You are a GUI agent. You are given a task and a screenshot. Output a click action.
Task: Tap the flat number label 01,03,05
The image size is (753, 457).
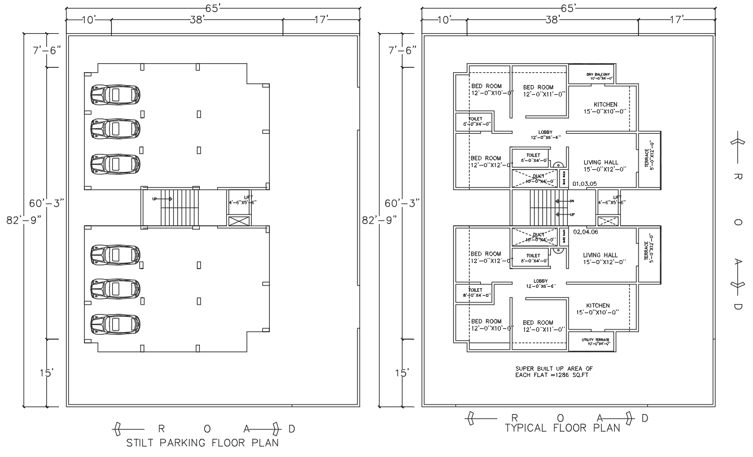pos(584,183)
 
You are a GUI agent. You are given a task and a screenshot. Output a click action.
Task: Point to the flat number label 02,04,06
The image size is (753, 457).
pos(585,231)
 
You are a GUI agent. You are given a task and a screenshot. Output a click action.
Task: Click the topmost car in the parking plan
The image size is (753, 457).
pos(115,95)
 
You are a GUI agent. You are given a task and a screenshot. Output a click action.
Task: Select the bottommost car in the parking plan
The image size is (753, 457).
pos(115,324)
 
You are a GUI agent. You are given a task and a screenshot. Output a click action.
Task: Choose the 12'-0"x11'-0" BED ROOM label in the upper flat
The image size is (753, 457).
pos(538,91)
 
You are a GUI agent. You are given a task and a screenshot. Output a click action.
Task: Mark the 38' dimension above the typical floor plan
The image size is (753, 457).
pos(552,20)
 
